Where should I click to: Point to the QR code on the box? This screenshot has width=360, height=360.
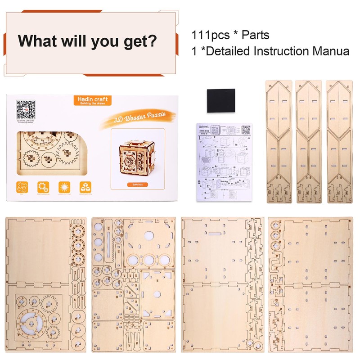tap(26, 108)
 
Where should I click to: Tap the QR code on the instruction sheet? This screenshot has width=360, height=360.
tap(246, 130)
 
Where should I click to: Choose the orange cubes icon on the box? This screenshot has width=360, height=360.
tap(85, 187)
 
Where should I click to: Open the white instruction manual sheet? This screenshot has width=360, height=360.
tap(224, 162)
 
